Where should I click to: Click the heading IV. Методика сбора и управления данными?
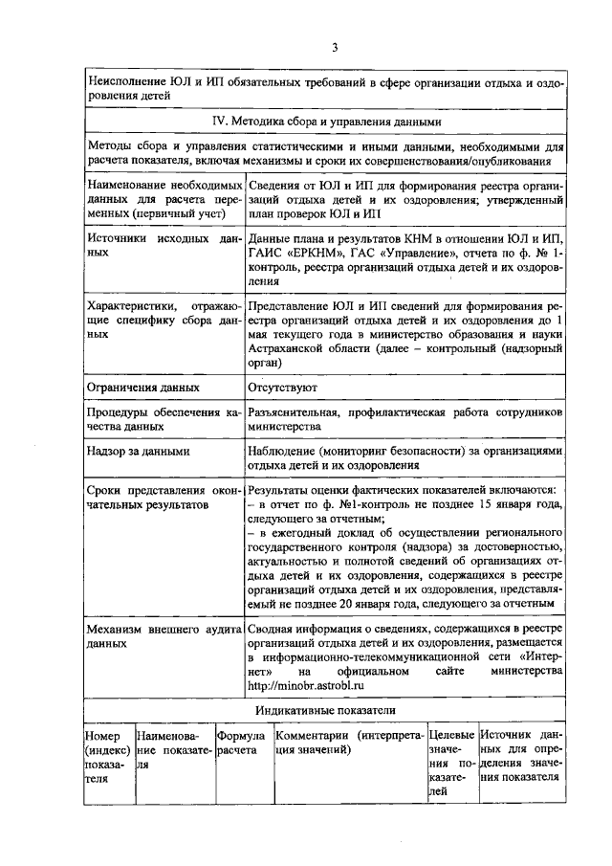coord(326,122)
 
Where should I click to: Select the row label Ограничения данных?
coord(142,388)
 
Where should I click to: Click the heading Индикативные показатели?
coord(325,712)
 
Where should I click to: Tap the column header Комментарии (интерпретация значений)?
coord(349,744)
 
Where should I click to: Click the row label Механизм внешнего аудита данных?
coord(163,637)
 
